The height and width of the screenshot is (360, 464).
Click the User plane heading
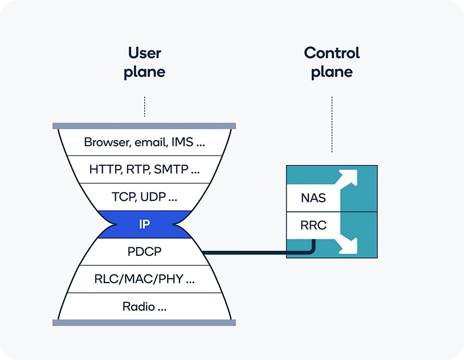click(145, 63)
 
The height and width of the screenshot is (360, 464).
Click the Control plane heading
click(332, 63)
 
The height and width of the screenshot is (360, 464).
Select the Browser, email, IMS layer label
click(144, 142)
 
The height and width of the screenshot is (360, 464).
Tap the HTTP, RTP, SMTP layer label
click(144, 169)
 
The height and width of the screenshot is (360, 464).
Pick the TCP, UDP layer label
click(144, 197)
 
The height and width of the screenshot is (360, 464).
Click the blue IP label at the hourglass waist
click(144, 224)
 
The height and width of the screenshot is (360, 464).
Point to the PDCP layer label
click(144, 252)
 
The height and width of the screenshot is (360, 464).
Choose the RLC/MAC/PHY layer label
click(144, 279)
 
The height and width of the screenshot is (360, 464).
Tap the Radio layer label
click(144, 307)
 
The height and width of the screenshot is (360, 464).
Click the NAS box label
click(314, 198)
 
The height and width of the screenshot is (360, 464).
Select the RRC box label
click(314, 226)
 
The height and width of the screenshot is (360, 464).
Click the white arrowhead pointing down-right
click(349, 246)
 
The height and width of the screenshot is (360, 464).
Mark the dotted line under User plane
click(145, 106)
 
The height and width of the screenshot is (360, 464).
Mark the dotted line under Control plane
click(332, 124)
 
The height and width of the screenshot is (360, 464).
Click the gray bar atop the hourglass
click(144, 126)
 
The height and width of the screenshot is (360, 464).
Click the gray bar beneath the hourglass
click(144, 323)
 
